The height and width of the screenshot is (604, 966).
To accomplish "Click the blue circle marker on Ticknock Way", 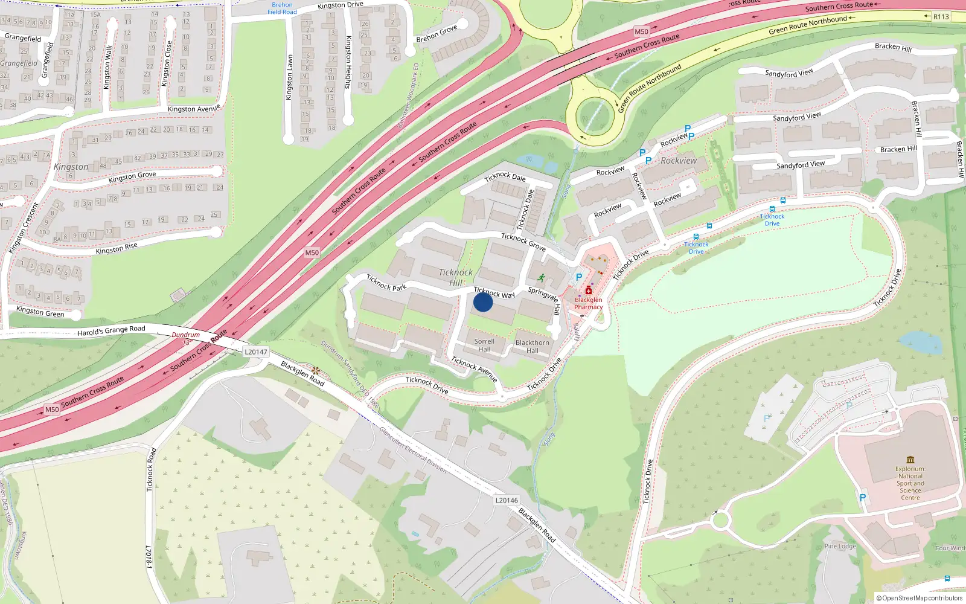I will [x=483, y=302].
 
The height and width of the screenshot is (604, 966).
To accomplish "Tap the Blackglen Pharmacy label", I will [x=588, y=303].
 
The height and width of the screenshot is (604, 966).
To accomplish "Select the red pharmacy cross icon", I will [x=588, y=291].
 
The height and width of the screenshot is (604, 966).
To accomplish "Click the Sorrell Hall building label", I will [x=484, y=345].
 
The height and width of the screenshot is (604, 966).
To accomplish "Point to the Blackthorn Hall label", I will [x=533, y=346].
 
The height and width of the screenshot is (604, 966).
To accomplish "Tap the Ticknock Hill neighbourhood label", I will [x=456, y=278].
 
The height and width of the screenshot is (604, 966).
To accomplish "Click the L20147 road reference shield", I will [x=255, y=352].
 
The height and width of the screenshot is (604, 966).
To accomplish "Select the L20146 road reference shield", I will [x=507, y=500].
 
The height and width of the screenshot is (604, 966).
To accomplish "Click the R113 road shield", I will [x=941, y=17].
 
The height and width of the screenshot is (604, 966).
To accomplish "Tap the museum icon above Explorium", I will [x=910, y=460].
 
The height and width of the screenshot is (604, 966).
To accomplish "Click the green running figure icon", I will [x=541, y=278].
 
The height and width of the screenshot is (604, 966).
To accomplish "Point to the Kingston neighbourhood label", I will [x=71, y=167].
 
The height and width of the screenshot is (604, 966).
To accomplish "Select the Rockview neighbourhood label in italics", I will [x=679, y=161].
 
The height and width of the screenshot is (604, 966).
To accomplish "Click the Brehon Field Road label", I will [x=282, y=8].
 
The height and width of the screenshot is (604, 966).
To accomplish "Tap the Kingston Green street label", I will [x=40, y=312].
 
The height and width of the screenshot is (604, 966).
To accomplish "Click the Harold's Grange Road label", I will [x=111, y=330].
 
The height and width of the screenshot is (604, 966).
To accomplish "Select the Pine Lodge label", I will [x=840, y=546].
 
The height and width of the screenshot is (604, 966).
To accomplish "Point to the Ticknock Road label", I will [x=151, y=469].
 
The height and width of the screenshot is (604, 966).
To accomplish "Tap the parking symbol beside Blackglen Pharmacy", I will [x=579, y=277].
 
